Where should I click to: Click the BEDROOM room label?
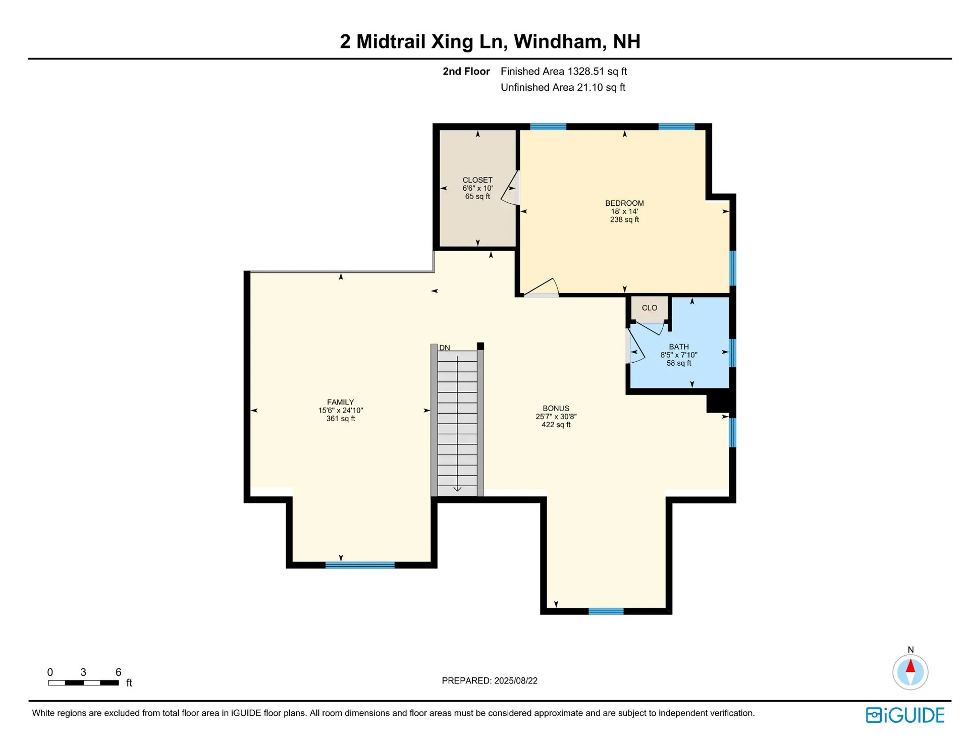coord(624,203)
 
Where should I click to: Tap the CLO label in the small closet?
coord(650,308)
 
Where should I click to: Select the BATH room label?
coord(679,347)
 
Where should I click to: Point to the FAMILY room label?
coord(341,402)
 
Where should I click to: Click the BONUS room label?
coord(556,408)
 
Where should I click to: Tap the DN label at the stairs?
coord(445,348)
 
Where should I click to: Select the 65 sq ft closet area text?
coord(477,196)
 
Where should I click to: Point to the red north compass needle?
coord(910,666)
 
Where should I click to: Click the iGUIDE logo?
coord(905,715)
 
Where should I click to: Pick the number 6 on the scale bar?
coord(118,672)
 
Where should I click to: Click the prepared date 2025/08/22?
coord(516,680)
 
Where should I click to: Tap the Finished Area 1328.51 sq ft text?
coord(564,71)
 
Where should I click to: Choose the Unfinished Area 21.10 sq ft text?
coord(563,87)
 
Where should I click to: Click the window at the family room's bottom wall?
coord(360,565)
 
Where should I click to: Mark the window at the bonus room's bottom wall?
coord(606,611)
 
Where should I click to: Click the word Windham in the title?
coord(560,41)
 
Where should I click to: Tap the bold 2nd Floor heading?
coord(466,71)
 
